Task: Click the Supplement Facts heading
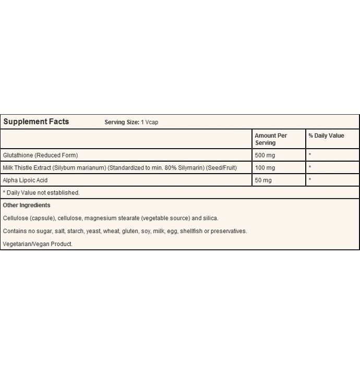click(x=36, y=122)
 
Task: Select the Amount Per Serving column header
click(x=271, y=139)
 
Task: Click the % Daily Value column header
click(x=326, y=136)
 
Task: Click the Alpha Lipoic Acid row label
click(x=25, y=180)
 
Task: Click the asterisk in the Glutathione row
click(x=310, y=155)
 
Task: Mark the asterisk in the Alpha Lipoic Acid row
click(x=310, y=180)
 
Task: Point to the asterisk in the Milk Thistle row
click(x=310, y=168)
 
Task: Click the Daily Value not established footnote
click(x=41, y=193)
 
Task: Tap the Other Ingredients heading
click(x=27, y=205)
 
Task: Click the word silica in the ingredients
click(x=210, y=218)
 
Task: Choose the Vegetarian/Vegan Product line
click(x=38, y=244)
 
